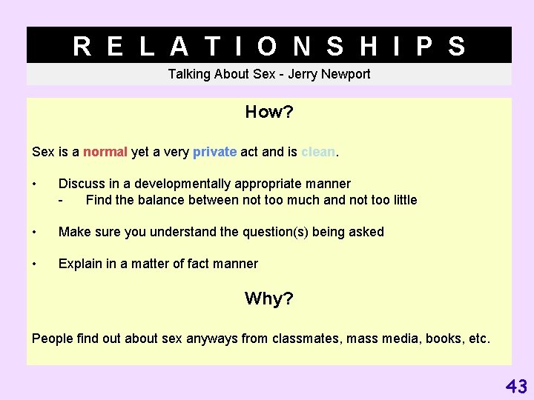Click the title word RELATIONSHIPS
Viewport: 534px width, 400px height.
tap(269, 46)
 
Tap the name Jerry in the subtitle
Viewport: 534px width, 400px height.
tap(300, 74)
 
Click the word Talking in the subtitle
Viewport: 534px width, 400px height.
tap(189, 74)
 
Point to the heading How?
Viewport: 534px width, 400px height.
tap(269, 113)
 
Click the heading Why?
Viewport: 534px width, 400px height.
tap(269, 299)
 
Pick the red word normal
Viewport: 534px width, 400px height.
tap(105, 152)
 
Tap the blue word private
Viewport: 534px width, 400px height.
tap(214, 152)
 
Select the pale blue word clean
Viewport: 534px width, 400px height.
tap(318, 152)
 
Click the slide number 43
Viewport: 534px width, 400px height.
tap(516, 386)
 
